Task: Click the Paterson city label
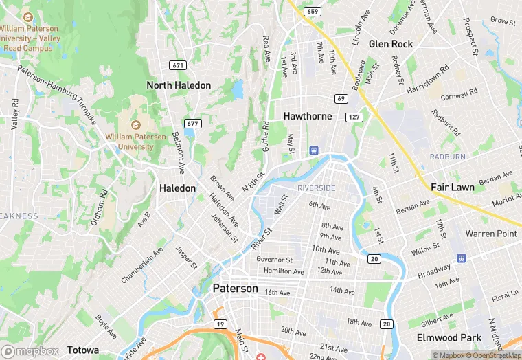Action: (235, 289)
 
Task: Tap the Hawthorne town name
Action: (308, 117)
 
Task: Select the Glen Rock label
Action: (391, 44)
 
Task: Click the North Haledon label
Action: (179, 85)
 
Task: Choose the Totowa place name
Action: (82, 350)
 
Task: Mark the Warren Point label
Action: (490, 234)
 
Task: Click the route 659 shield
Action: (313, 12)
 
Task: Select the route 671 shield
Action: (178, 65)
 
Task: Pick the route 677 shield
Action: (192, 124)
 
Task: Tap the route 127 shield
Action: (354, 117)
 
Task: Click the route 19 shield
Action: (220, 324)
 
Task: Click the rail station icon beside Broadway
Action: (461, 259)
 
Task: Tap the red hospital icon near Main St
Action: (262, 356)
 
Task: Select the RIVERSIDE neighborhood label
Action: (316, 188)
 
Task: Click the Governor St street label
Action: (274, 260)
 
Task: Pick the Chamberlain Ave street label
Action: (143, 266)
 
